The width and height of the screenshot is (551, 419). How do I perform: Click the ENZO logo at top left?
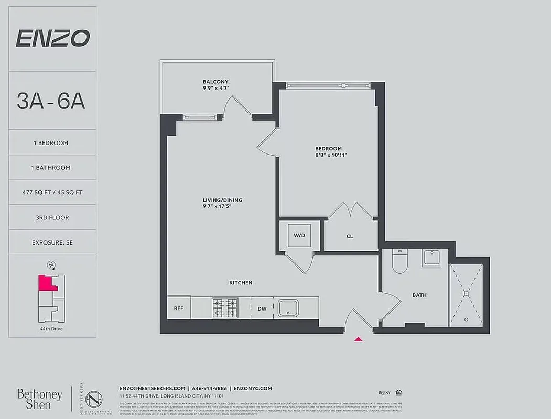click(52, 38)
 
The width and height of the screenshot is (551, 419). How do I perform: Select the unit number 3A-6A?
click(51, 101)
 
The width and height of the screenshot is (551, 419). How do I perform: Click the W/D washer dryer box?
click(299, 235)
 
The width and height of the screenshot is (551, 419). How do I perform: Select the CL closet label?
click(350, 236)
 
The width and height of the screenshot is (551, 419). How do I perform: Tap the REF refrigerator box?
click(178, 308)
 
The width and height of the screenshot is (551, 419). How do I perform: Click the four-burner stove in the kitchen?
click(224, 308)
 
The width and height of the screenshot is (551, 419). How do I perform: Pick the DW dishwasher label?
click(262, 308)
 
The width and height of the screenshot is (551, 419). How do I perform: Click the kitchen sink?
click(288, 308)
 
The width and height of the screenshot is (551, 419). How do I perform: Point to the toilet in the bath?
click(399, 261)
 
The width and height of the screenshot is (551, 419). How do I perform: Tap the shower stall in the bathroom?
click(466, 295)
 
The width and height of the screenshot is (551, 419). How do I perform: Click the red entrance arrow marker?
click(359, 339)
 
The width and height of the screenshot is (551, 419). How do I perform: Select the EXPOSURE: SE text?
click(52, 242)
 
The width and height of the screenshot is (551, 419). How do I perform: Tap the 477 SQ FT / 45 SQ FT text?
click(52, 192)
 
